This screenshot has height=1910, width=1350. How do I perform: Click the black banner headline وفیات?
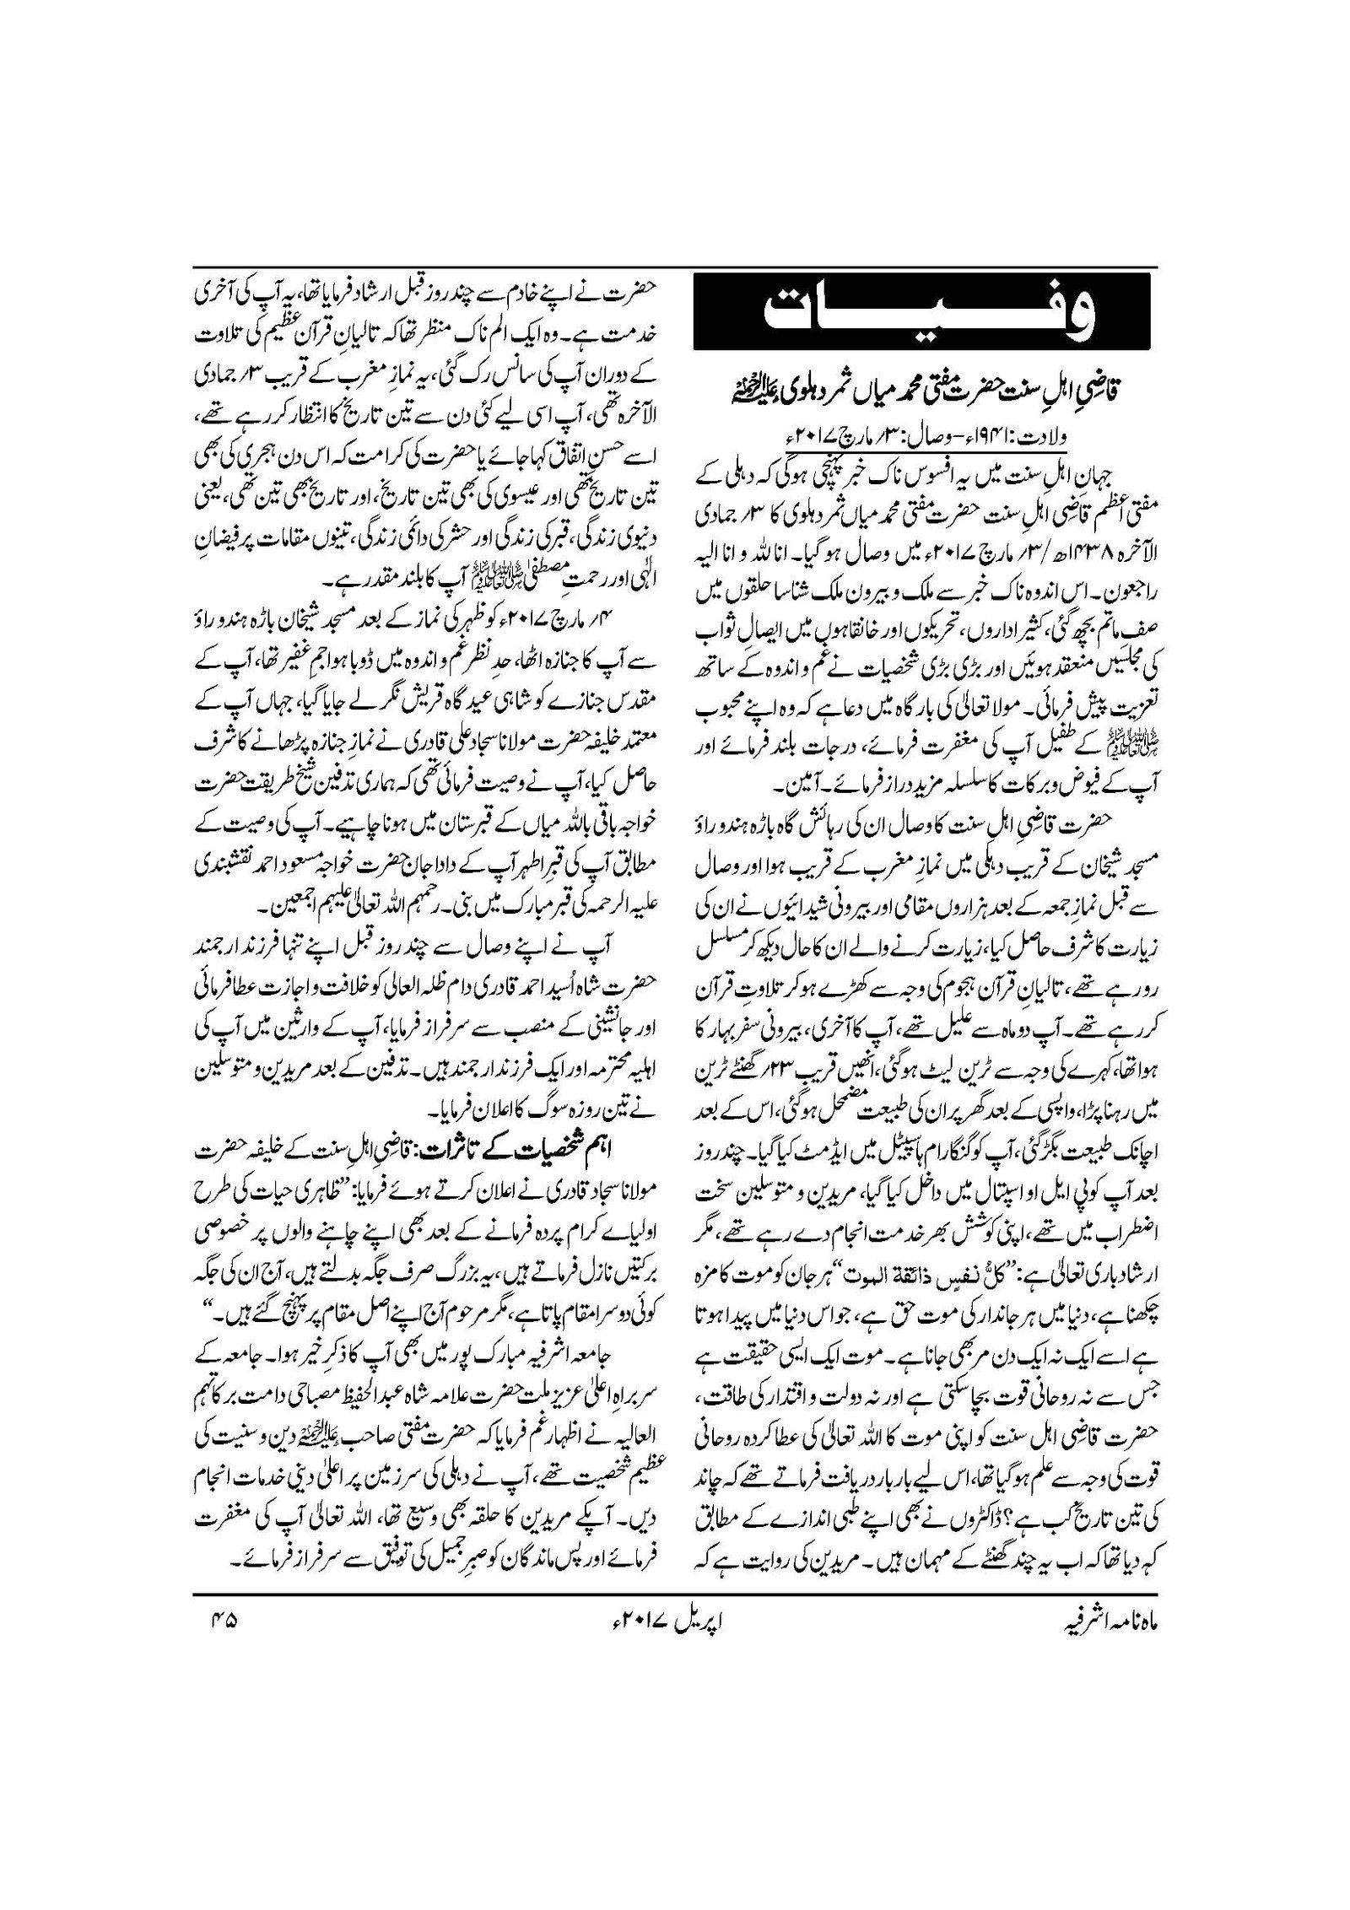pos(924,308)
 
